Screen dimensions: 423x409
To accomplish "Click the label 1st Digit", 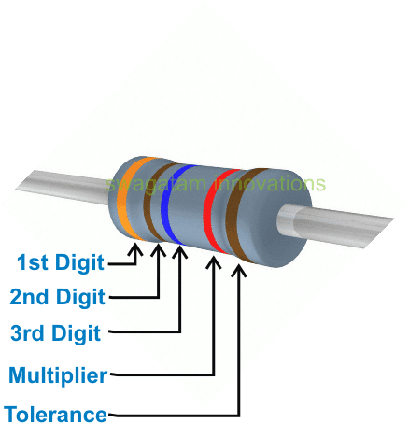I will [61, 261].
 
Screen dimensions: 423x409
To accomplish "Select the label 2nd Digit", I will [57, 297].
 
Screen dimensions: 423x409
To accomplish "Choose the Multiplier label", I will [58, 376].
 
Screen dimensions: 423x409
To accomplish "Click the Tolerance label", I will [55, 414].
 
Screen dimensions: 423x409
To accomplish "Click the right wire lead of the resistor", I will [355, 225].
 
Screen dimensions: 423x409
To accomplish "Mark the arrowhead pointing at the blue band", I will [177, 251].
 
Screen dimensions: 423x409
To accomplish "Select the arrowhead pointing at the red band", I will [215, 263].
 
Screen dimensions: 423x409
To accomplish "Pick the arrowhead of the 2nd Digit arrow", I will [158, 250].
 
